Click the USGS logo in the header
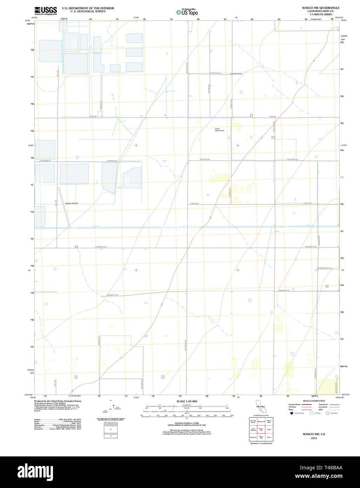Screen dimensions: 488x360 46,11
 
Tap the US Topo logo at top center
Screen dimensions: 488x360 187,12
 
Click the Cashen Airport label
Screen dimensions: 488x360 72,203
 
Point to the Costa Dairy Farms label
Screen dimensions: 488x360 220,130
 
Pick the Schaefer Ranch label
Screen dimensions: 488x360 236,74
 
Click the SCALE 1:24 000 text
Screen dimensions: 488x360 187,401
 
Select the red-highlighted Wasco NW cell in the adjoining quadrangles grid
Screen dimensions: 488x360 261,429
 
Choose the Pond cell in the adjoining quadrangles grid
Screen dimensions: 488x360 269,429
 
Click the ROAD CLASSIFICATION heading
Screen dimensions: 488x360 314,401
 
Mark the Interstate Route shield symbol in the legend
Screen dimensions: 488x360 291,413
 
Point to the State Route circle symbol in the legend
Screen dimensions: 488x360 327,413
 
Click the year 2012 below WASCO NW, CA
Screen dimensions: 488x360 314,438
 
